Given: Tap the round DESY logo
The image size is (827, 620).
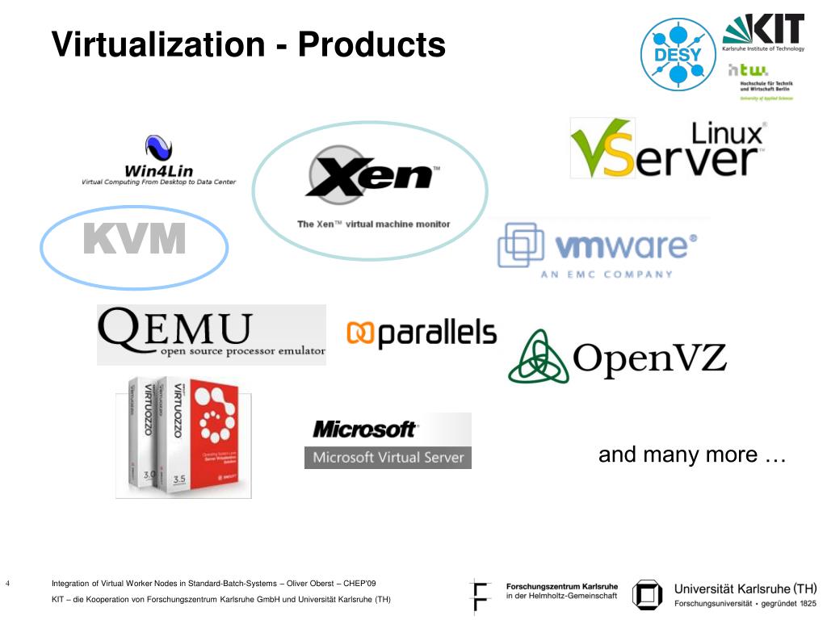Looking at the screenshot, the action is [x=678, y=54].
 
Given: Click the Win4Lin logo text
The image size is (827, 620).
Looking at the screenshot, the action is [x=158, y=170].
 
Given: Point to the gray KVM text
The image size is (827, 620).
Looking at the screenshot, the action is [x=135, y=239].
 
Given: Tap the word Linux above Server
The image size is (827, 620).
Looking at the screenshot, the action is [x=728, y=133].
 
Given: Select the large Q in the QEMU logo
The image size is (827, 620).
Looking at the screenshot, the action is [x=120, y=331].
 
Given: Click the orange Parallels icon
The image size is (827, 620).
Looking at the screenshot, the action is [x=360, y=333].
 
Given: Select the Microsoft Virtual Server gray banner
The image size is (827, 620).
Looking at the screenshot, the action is [x=388, y=457].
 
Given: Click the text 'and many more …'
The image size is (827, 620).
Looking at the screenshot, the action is [x=692, y=455].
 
